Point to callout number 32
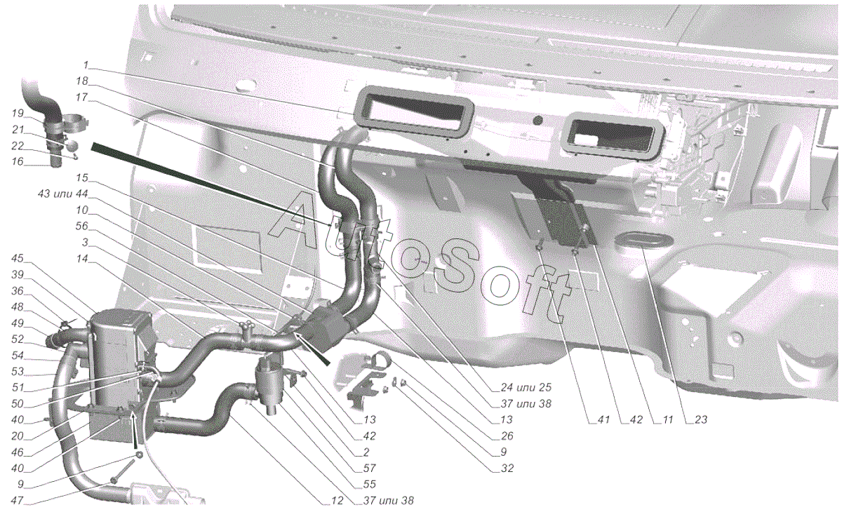point(507,468)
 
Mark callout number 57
point(370,468)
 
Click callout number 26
point(507,436)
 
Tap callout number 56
point(82,226)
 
